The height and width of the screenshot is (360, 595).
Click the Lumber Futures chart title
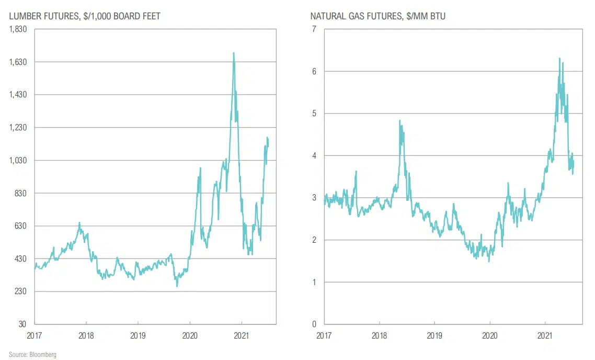click(x=85, y=16)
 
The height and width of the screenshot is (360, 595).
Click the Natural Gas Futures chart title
click(x=377, y=16)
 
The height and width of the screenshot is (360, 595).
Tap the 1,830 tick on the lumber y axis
click(x=18, y=29)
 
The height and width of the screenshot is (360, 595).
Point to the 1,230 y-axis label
click(x=18, y=128)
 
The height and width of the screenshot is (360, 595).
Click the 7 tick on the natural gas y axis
click(x=314, y=29)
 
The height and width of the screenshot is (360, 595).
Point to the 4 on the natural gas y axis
click(x=314, y=156)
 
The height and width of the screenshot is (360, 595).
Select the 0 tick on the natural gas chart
click(x=314, y=324)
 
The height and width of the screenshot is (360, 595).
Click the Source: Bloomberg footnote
click(x=32, y=355)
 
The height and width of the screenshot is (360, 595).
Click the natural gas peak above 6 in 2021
click(x=559, y=59)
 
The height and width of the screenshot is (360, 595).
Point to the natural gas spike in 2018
click(x=400, y=121)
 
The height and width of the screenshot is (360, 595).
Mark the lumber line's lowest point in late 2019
click(x=177, y=286)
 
